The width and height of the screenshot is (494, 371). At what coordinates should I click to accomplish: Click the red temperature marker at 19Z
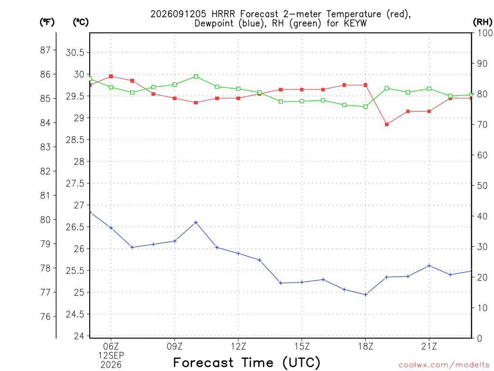click(386, 124)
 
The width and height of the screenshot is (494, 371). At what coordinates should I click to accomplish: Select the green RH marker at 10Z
click(196, 76)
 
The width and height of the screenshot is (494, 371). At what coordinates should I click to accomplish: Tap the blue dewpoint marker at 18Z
click(366, 295)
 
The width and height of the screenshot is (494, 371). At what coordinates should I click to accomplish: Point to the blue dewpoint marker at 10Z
click(196, 222)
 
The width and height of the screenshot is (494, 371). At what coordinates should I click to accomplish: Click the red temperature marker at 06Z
click(111, 76)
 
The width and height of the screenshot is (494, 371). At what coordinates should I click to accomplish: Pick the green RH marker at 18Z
click(366, 107)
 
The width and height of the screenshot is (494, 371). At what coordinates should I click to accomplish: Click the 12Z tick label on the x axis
click(238, 347)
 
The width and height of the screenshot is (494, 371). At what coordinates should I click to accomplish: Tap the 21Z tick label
click(429, 347)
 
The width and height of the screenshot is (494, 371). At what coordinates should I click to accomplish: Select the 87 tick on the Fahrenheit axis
click(45, 50)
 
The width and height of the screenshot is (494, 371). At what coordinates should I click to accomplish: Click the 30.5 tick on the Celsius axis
click(75, 52)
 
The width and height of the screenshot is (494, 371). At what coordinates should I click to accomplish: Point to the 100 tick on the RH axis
click(484, 33)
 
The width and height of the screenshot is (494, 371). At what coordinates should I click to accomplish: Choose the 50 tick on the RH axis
click(482, 185)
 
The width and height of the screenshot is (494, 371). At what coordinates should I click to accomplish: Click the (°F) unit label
click(47, 22)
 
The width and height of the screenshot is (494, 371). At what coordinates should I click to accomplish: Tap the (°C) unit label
click(81, 22)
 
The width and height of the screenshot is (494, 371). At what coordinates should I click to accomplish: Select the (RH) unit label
click(482, 22)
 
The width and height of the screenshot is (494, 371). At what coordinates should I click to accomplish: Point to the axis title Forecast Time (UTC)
click(247, 363)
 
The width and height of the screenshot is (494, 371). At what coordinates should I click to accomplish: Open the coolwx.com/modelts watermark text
click(444, 365)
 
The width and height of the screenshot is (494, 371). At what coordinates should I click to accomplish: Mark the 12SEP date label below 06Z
click(111, 356)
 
